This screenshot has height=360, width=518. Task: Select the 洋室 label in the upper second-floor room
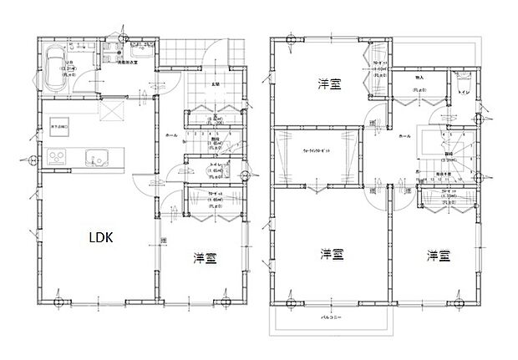click(328, 84)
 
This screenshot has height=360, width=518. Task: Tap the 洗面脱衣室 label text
click(127, 63)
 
